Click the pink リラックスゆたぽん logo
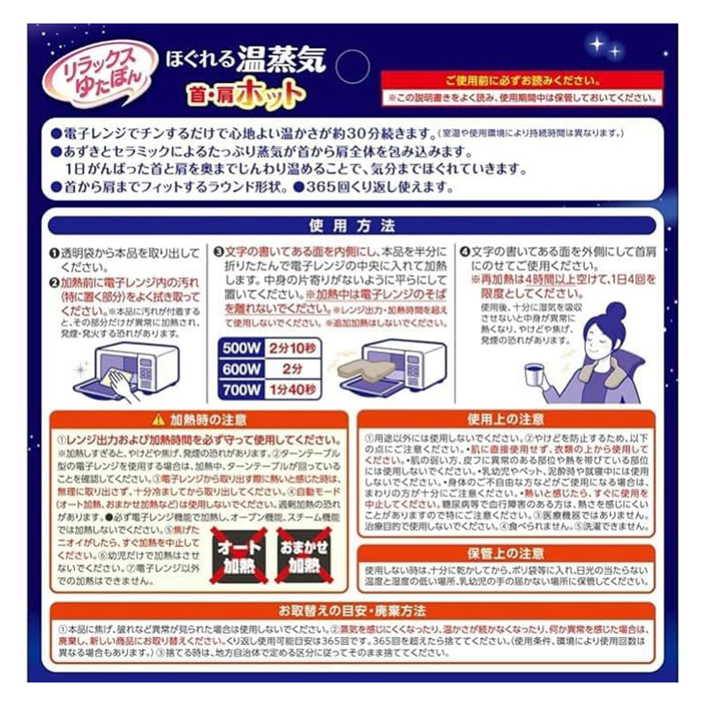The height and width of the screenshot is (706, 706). (x=103, y=73)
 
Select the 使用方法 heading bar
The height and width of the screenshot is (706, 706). (x=352, y=225)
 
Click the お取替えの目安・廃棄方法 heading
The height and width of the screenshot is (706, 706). (x=352, y=611)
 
